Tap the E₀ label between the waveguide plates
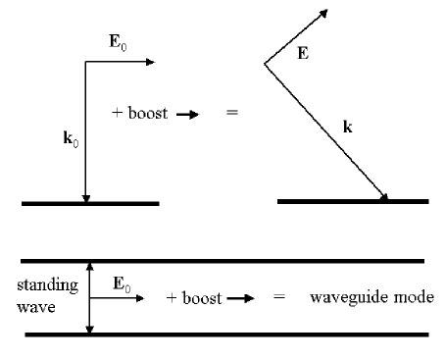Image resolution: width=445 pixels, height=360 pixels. (x=121, y=287)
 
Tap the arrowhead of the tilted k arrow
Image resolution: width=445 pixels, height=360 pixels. (x=384, y=197)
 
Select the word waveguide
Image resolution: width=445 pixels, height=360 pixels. (x=340, y=296)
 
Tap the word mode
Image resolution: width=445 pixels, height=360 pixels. (x=401, y=296)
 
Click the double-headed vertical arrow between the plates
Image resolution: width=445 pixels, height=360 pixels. (x=89, y=297)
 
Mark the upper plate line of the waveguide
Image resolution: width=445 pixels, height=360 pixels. (x=225, y=261)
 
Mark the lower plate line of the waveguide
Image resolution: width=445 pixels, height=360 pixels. (x=225, y=334)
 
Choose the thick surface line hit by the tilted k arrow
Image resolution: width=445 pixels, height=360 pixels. (x=353, y=202)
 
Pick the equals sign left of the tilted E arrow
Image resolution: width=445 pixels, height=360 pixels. (x=231, y=113)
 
